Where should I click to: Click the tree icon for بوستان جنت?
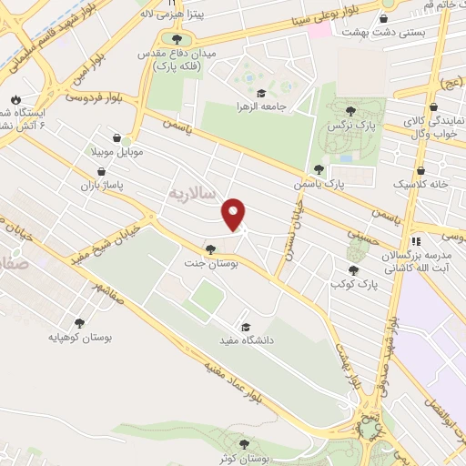click(211, 248)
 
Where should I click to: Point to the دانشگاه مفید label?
click(241, 340)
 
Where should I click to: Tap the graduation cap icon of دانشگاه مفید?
click(244, 327)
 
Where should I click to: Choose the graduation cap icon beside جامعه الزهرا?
click(260, 93)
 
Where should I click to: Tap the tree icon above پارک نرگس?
click(350, 111)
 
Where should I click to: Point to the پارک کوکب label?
click(354, 284)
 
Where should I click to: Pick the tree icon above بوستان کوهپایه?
click(80, 322)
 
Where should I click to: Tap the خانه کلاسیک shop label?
click(428, 184)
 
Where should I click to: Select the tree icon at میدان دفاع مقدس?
click(177, 39)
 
